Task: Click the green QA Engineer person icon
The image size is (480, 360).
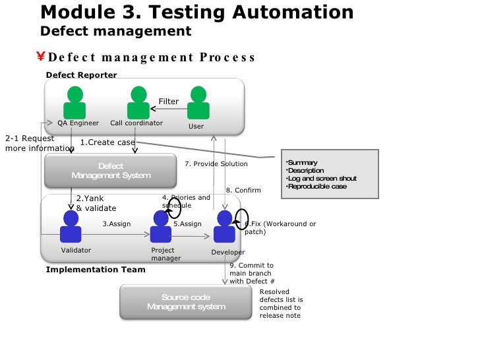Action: pos(75,104)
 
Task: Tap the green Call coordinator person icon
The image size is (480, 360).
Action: pos(138,104)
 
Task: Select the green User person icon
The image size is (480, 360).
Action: pos(198,104)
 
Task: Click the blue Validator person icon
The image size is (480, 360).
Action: pos(71,227)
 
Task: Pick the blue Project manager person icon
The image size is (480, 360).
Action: pos(160,227)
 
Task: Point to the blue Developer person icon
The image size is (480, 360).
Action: pos(224,227)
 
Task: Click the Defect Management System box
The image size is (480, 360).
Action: pos(111,171)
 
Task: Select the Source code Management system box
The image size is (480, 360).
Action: pos(186,302)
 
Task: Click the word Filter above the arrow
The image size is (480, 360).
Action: pos(169,102)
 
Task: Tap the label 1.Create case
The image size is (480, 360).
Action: pos(107,142)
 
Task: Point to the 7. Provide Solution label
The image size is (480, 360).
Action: pos(216,164)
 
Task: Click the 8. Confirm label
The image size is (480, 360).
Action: pos(243,191)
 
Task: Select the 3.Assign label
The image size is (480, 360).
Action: pos(117,224)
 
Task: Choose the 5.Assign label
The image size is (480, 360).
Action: pos(187,224)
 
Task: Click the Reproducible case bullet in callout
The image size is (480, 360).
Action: pos(317,187)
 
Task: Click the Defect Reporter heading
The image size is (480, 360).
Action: pos(81,75)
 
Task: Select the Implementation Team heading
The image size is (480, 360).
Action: pos(86,270)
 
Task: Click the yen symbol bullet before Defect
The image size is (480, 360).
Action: pos(41,57)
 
